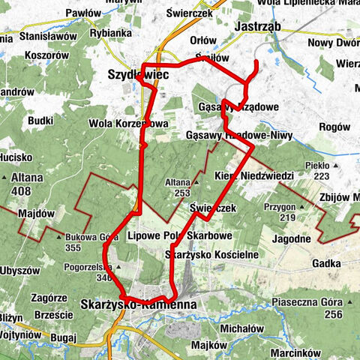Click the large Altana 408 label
click(x=27, y=185)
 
